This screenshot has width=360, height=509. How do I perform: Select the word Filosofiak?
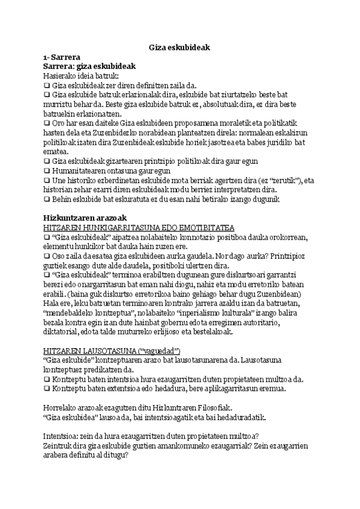233,407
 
